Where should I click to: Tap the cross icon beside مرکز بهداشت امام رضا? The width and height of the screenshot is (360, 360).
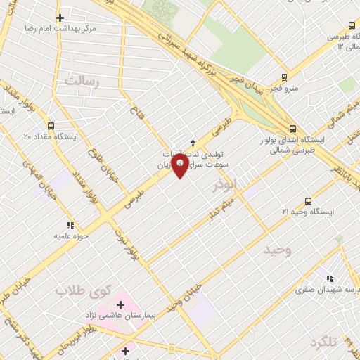60,18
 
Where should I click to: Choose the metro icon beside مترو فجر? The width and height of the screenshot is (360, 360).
284,77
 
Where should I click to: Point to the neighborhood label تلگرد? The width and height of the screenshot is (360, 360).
323,342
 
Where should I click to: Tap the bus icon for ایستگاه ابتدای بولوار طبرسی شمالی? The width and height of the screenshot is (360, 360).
292,128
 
